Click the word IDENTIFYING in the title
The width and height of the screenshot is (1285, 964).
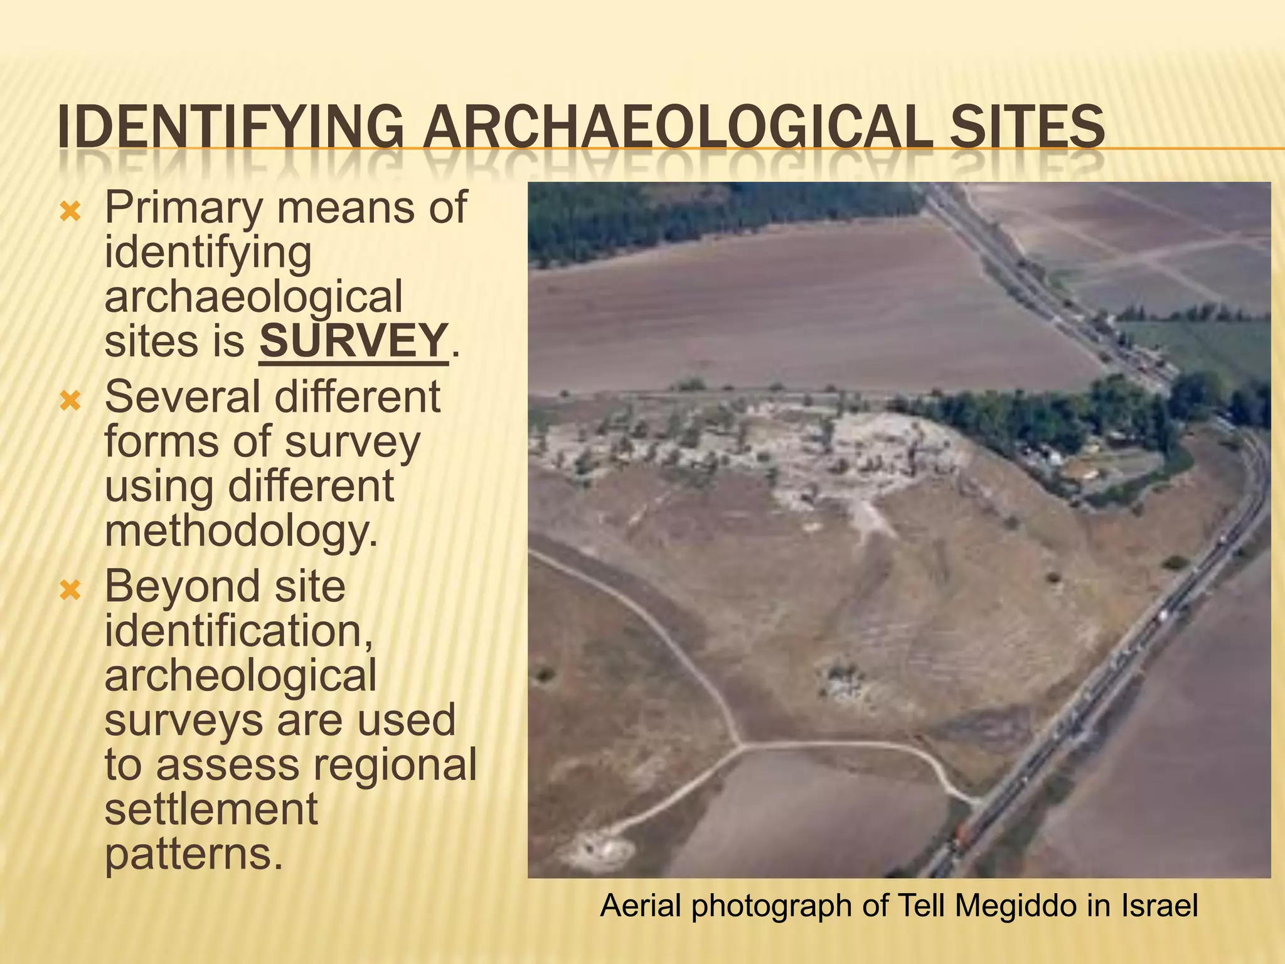click(x=230, y=127)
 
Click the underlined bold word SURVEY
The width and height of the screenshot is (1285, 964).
click(x=354, y=341)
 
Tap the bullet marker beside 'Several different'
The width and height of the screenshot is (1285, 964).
click(x=70, y=400)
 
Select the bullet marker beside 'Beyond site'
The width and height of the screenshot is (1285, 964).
click(x=70, y=590)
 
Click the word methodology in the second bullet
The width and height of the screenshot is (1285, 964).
click(x=241, y=532)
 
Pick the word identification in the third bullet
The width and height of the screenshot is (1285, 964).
click(x=238, y=631)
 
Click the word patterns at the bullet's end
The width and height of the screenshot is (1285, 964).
click(x=193, y=855)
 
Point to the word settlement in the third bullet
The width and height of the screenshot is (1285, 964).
click(x=211, y=810)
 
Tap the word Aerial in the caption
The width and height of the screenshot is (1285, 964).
click(x=641, y=906)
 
